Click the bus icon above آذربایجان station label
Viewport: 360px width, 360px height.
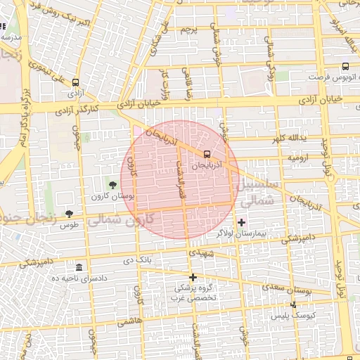coord(207,154)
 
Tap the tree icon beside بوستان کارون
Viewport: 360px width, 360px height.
coord(113,185)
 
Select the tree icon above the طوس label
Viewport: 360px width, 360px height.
coord(69,213)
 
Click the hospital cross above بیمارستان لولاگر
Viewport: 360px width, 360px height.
coord(242,222)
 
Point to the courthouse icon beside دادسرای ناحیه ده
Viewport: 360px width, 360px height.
coord(78,268)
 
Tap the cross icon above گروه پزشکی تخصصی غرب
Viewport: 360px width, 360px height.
coord(193,277)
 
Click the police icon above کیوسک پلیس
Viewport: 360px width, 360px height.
coord(294,304)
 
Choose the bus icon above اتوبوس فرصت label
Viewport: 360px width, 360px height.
coord(345,67)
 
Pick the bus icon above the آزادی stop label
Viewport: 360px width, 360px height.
coord(75,82)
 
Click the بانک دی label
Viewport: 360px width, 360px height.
coord(137,261)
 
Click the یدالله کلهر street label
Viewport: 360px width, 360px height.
coord(289,137)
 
